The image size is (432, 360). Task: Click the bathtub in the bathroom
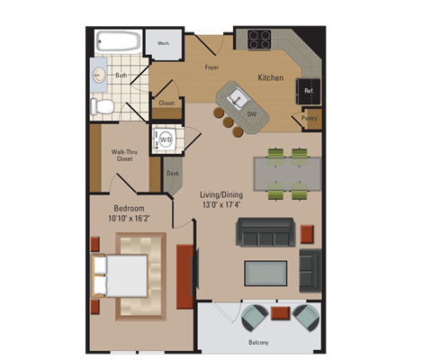point(117,42)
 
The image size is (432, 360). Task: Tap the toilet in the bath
point(103,107)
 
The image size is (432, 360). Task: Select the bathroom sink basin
point(100,76)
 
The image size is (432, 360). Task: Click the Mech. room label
point(164,43)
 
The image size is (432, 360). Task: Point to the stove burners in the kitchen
point(259,39)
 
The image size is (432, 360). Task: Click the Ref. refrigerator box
point(308,90)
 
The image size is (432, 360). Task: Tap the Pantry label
point(310,118)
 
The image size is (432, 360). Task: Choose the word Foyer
point(212,67)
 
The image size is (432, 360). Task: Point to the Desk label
point(172,173)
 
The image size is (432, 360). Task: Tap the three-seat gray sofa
point(265,232)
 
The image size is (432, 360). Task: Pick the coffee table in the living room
point(265,273)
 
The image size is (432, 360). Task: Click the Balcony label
point(258,343)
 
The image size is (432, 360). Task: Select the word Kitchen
point(271,78)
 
